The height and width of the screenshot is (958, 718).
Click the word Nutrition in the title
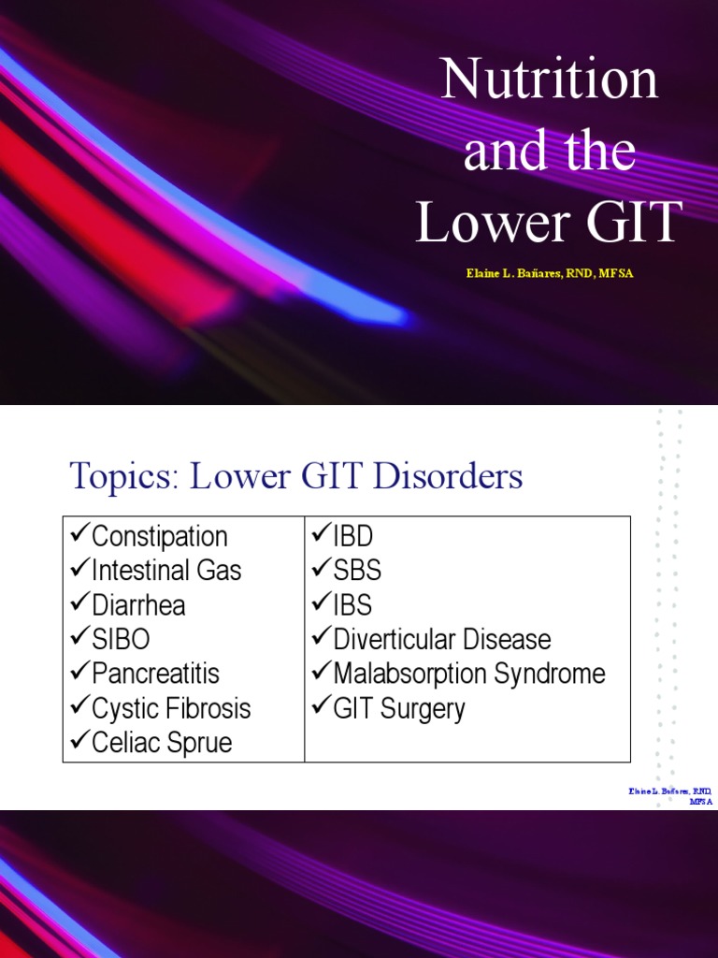point(549,81)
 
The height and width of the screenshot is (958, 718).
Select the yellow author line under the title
point(549,273)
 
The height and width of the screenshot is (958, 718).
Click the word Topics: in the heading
point(123,477)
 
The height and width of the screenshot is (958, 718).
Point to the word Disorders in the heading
point(447,477)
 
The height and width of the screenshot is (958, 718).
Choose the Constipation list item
point(159,537)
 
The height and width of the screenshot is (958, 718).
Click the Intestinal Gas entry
point(165,571)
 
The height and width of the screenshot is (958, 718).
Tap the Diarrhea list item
point(138,605)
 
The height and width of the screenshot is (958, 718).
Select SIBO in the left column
point(121,640)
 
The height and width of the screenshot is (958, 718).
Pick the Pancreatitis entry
point(155,674)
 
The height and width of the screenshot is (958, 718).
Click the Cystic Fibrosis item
point(171,708)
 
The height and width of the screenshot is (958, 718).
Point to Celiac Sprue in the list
point(162,743)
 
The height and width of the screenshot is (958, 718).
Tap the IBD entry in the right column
point(352,537)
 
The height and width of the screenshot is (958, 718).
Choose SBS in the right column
point(357,571)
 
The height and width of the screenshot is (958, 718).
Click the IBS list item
point(352,605)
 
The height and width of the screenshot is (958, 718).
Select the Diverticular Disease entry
point(441,640)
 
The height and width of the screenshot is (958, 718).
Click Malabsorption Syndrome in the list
point(469,674)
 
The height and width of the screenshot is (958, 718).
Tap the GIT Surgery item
point(398,708)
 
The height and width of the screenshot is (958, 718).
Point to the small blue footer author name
point(669,796)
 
